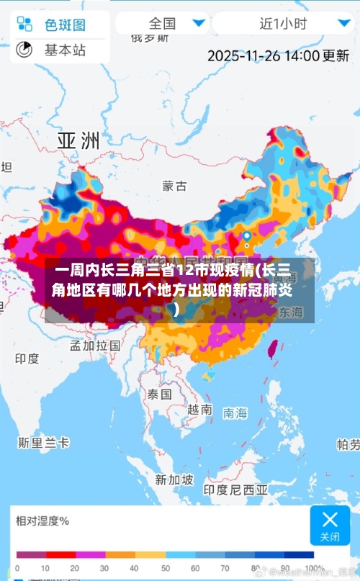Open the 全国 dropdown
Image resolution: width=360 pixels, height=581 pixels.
(163, 23)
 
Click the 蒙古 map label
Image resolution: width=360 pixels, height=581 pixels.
(174, 186)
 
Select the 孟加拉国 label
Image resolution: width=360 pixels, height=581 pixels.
(94, 345)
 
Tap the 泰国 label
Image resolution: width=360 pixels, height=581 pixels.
(159, 395)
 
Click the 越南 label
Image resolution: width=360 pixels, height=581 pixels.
(199, 409)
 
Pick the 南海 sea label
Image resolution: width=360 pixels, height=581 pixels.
(235, 413)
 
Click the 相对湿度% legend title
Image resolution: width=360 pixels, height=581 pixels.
(42, 521)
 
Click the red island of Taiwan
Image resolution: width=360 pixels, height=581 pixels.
(272, 350)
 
